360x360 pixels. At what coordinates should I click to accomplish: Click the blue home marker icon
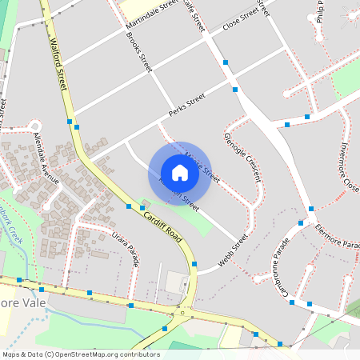point(180,173)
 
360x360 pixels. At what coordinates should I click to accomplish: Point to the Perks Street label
point(187,103)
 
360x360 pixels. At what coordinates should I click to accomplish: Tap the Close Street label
point(242,17)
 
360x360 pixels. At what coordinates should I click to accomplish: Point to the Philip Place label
point(321,11)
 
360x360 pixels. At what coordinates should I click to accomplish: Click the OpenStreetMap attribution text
point(80,354)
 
